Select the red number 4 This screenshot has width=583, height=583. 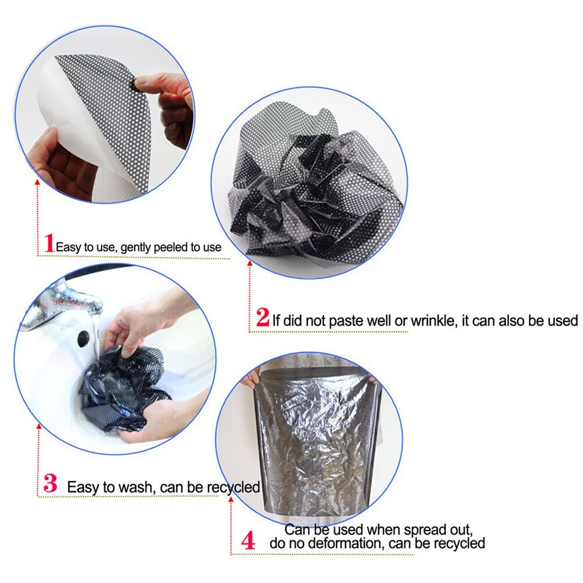249,541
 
